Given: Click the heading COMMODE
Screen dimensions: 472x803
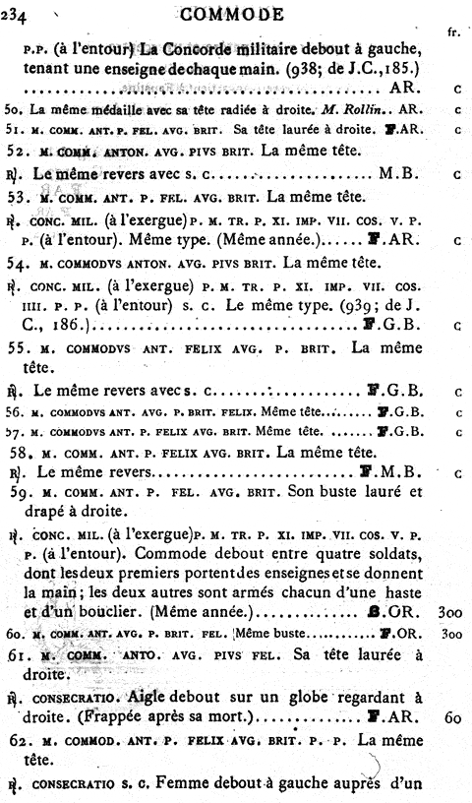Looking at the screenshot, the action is point(232,14).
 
